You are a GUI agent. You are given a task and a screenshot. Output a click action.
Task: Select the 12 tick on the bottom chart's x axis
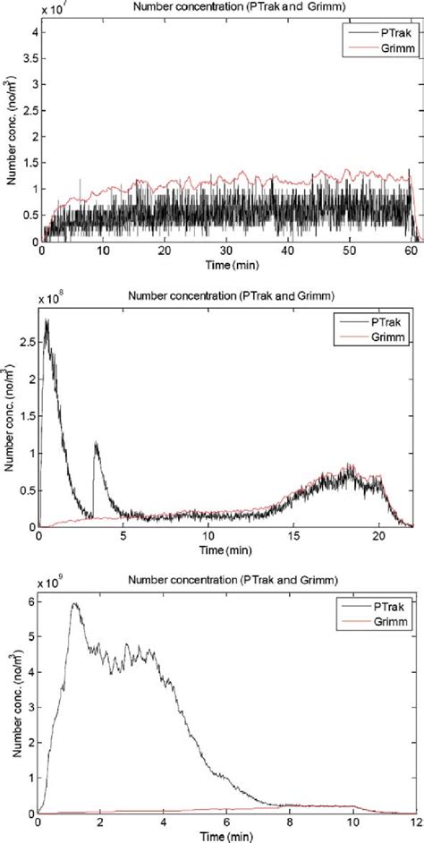coord(412,823)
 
